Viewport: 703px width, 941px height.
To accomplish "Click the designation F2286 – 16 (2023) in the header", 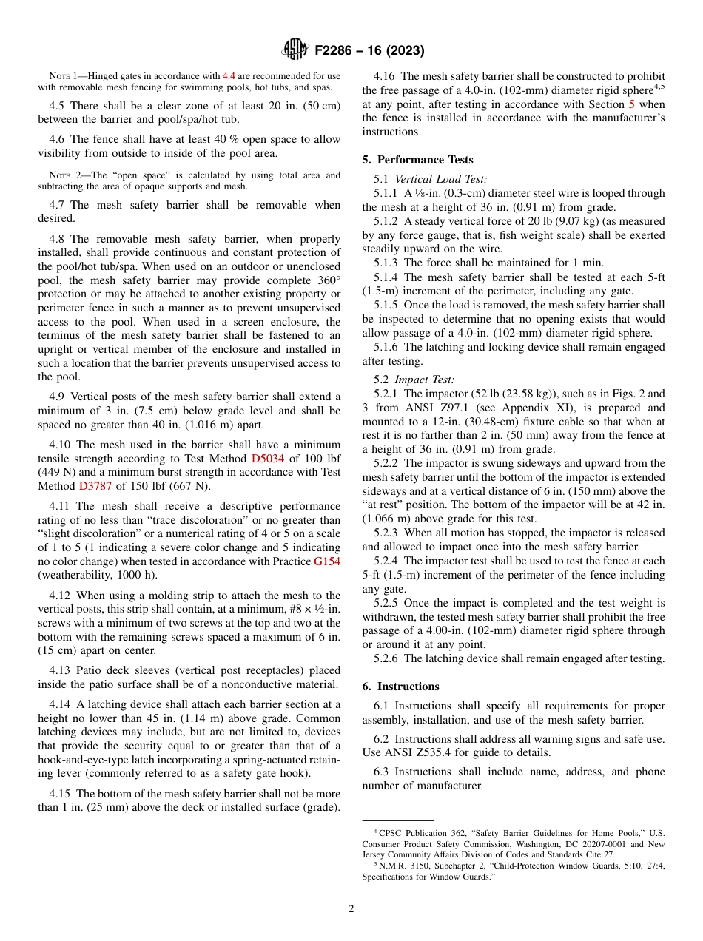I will pyautogui.click(x=369, y=51).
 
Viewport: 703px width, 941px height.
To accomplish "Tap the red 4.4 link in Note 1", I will pyautogui.click(x=229, y=75).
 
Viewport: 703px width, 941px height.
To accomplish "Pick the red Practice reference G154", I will pyautogui.click(x=327, y=561).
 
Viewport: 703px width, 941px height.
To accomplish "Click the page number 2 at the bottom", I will pyautogui.click(x=351, y=908).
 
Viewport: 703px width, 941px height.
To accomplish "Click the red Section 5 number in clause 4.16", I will pyautogui.click(x=631, y=104).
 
